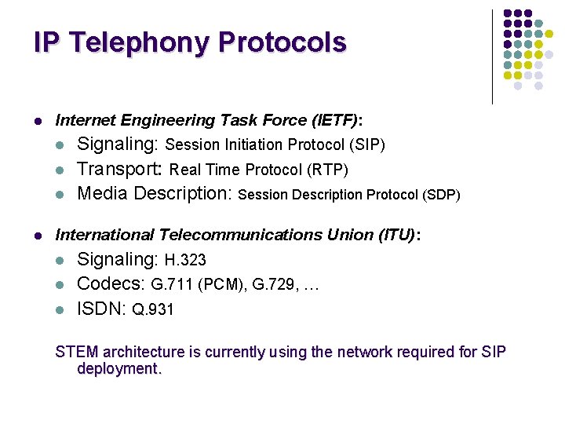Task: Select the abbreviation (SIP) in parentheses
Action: pyautogui.click(x=366, y=145)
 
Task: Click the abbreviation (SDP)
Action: pyautogui.click(x=440, y=194)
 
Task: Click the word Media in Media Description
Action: pyautogui.click(x=103, y=193)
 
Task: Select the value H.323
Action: pyautogui.click(x=185, y=260)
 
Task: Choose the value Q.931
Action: pyautogui.click(x=152, y=309)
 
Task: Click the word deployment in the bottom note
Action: pyautogui.click(x=118, y=369)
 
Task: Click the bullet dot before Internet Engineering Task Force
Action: pyautogui.click(x=38, y=121)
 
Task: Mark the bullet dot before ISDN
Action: pyautogui.click(x=60, y=309)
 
